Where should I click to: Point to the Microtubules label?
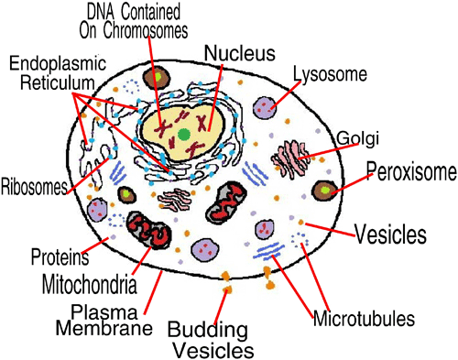(x=365, y=320)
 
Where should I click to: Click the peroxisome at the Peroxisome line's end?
(x=325, y=190)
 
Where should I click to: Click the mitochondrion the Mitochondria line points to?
(x=147, y=231)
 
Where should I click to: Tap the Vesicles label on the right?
(x=391, y=233)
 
